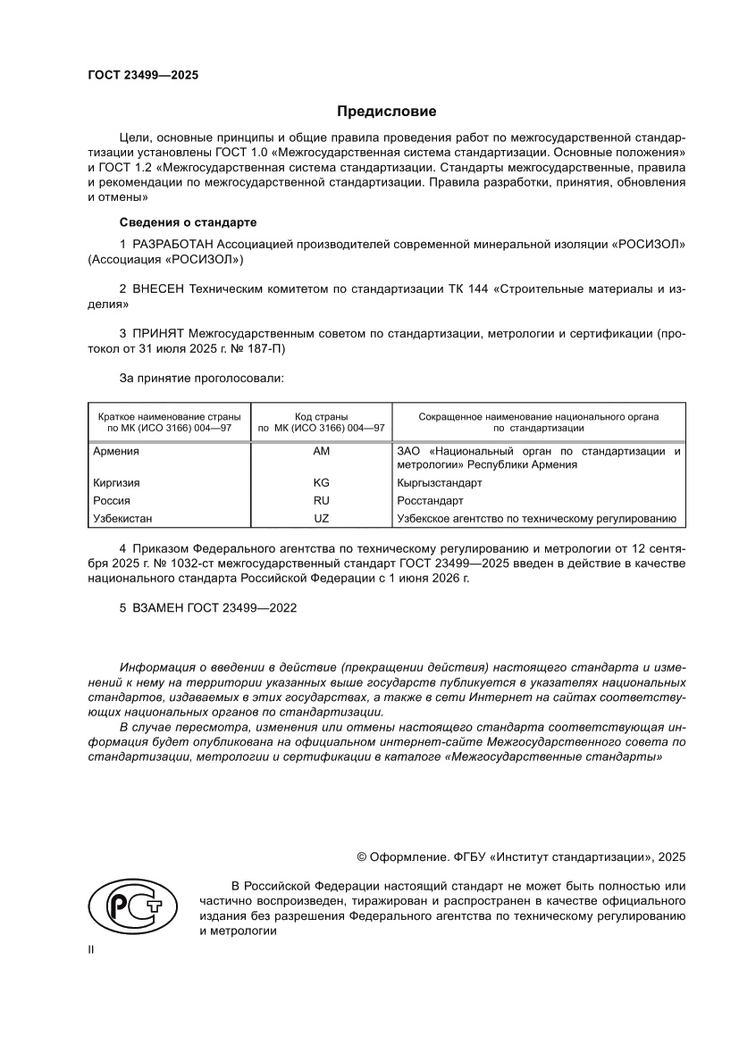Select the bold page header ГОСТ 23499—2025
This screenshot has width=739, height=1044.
coord(142,75)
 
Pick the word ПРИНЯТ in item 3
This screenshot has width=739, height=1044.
coord(160,334)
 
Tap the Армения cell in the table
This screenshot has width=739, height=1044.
coord(116,452)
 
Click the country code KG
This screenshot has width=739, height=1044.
coord(321,482)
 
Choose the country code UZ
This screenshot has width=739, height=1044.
coord(321,519)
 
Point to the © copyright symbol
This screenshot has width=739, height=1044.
coord(362,856)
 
